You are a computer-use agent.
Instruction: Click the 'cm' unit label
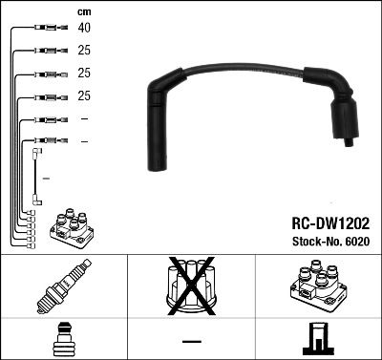coord(83,11)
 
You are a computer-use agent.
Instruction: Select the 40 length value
coord(83,29)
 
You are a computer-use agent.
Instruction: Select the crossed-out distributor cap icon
coord(191,286)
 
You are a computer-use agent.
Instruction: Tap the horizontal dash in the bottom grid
coord(191,341)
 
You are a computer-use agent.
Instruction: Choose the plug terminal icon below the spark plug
coord(63,339)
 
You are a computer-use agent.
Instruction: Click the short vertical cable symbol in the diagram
coord(36,176)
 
